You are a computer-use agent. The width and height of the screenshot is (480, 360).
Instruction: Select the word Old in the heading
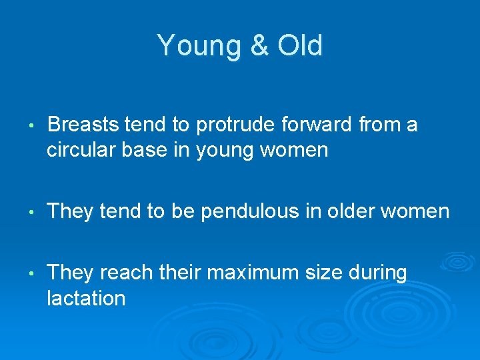coord(299,46)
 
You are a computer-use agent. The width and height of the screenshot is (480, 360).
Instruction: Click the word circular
coord(83,150)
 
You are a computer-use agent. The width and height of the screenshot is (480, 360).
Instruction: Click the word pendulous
coord(238,211)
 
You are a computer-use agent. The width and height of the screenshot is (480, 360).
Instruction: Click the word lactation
coord(86,297)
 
